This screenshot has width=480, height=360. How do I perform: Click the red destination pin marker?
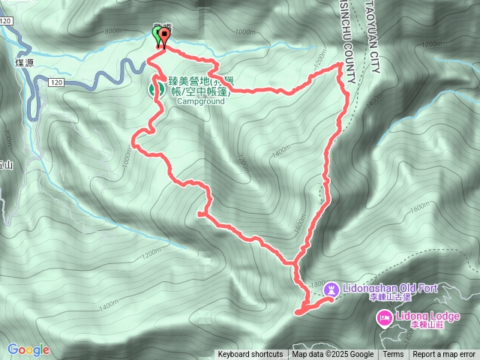coord(164,36)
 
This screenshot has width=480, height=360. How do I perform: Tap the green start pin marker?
coord(157,36)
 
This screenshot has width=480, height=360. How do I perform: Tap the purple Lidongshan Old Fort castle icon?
coord(331,289)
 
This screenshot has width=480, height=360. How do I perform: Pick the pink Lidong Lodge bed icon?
coord(383,318)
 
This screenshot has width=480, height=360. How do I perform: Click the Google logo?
coord(28,349)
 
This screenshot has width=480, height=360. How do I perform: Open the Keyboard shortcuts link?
coord(250,355)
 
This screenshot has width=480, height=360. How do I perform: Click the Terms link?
coord(393,355)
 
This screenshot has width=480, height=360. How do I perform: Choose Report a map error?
coord(444,355)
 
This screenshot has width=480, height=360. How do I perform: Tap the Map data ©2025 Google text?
coord(333,355)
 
